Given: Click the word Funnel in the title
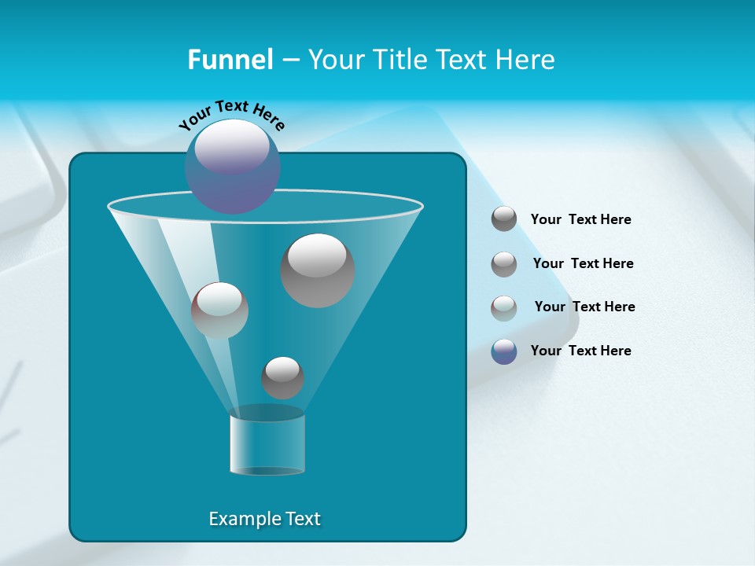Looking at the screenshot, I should pos(230,60).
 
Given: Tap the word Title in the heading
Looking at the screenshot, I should pos(400,60).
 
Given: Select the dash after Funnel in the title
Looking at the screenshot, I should pos(290,61).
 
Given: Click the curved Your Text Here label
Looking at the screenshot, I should pos(231,115).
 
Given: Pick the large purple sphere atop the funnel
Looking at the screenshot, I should pos(232,166).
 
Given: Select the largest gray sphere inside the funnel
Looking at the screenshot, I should pos(318,270).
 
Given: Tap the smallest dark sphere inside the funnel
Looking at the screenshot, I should pos(282,377).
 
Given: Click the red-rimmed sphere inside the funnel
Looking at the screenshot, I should pos(219,311).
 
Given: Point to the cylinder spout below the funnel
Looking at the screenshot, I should pos(267,445).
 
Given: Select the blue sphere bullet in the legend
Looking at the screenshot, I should pos(504,351).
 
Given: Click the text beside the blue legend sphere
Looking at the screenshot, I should pos(580,351).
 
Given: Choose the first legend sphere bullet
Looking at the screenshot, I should pos(504,219).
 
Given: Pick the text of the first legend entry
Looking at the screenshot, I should pos(580,219).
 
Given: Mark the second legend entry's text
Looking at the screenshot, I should pos(583,263).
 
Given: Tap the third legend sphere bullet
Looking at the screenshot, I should pos(504,307).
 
